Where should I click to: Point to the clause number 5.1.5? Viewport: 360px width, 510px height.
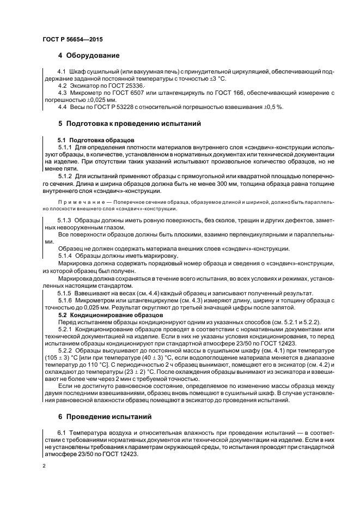pos(65,293)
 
